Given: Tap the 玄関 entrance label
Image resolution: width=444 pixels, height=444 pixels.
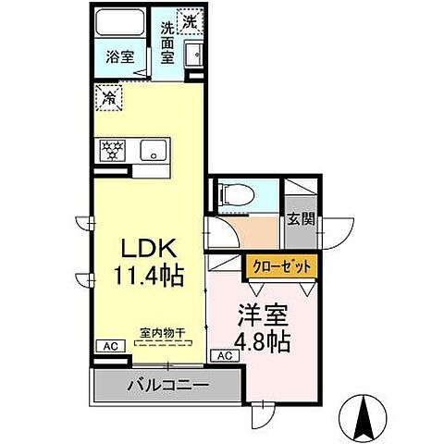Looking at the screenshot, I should point(299,220).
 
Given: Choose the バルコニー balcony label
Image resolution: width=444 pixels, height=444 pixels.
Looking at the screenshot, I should point(166,384).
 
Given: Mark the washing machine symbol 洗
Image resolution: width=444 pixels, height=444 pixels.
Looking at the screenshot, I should point(189,20).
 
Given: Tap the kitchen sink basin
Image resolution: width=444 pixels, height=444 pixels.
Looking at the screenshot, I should point(153,149).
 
